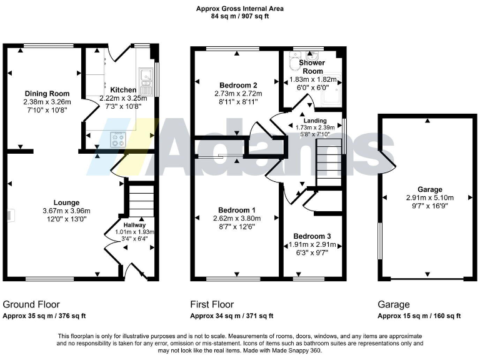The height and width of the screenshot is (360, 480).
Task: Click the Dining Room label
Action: pos(43,94)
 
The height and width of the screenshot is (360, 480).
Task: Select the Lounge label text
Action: pos(66,202)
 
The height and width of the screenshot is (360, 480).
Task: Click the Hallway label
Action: pos(134,225)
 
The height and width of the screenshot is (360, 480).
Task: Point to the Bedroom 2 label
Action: pos(237,85)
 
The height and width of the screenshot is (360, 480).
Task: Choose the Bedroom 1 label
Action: pos(236,210)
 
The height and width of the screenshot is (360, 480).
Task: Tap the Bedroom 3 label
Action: pos(311,236)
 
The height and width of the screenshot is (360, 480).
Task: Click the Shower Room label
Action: pos(311,67)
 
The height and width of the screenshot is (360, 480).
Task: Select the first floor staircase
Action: pos(329,162)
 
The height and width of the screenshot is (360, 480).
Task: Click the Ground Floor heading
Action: pos(31,304)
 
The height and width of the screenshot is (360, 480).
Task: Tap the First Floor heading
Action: pos(212,304)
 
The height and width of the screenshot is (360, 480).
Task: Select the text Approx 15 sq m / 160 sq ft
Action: pos(419,316)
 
